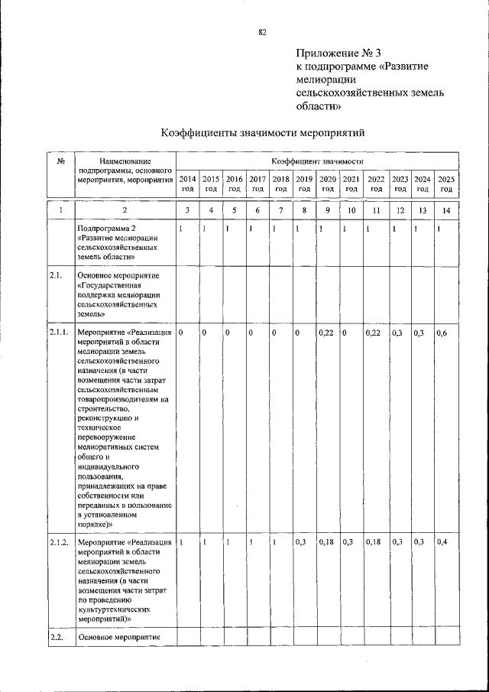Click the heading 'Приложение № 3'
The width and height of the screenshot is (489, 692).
[x=338, y=54]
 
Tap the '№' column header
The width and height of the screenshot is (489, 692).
[x=60, y=161]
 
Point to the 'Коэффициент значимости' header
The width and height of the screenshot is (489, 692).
[x=317, y=161]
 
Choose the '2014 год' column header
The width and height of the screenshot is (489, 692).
[x=187, y=184]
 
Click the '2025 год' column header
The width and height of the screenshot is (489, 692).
[x=446, y=184]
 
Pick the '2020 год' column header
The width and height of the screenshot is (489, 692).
[x=328, y=184]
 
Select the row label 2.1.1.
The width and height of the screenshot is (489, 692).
[x=59, y=333]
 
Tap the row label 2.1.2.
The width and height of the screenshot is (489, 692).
[x=59, y=542]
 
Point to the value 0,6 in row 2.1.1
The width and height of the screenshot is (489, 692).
[x=442, y=333]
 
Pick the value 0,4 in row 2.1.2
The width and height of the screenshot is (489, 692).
[x=442, y=542]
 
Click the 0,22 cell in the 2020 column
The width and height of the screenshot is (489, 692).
[x=327, y=333]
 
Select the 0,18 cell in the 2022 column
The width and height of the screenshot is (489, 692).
[x=373, y=542]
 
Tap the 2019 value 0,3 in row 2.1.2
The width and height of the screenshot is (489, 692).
[x=301, y=542]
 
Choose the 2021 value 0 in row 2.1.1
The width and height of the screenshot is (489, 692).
[x=346, y=333]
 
